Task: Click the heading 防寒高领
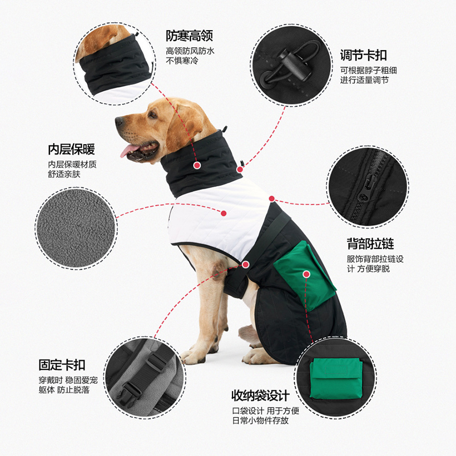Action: point(189,36)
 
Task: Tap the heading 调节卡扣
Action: point(364,55)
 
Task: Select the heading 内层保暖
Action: point(72,149)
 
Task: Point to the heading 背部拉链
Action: point(370,244)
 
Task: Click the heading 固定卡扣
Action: point(62,365)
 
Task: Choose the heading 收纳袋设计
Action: point(260,396)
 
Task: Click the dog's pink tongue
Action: point(129,150)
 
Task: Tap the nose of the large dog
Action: point(119,121)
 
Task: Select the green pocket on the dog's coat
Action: point(305,275)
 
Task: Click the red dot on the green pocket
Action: point(306,274)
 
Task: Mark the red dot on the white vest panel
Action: point(223,213)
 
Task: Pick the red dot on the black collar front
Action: point(197,165)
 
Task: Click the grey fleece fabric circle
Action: point(76,228)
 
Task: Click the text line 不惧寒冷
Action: point(182,61)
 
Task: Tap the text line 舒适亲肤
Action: point(64,174)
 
